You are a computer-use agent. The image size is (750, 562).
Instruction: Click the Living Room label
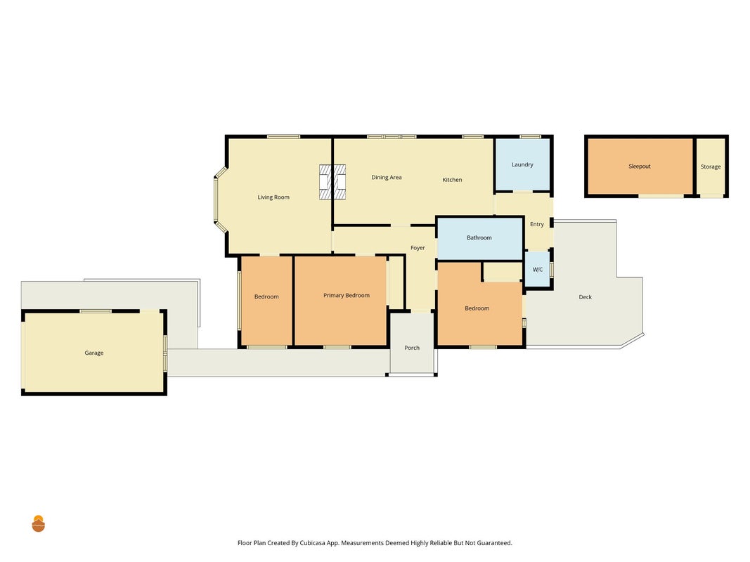pos(273,197)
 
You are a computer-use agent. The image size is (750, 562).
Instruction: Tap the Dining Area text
pos(387,177)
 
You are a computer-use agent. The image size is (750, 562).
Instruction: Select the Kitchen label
pos(452,180)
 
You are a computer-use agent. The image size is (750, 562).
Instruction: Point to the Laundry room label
pos(522,165)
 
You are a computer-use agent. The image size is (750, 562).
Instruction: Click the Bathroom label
pos(479,237)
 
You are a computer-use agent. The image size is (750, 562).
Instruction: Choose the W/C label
pos(538,270)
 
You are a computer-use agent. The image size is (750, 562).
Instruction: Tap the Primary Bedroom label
pos(347,295)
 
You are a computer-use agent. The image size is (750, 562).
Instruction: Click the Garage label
pos(93,353)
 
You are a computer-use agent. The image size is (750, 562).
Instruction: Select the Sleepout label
pos(640,166)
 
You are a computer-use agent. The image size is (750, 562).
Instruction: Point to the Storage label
pos(711,166)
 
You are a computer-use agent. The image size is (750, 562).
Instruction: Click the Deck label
pos(585,296)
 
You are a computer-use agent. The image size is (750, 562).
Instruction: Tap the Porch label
pos(412,348)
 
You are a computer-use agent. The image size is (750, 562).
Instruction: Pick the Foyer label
pos(418,248)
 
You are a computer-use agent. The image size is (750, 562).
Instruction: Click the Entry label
pos(537,224)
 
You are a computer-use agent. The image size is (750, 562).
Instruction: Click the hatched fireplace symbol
pos(332,182)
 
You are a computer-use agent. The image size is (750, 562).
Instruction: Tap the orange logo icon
pos(38,524)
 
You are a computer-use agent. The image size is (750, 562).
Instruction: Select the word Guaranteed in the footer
pos(494,543)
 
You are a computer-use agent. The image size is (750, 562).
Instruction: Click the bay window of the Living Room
pos(219,200)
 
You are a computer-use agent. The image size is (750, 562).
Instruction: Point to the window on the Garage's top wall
pos(95,311)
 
